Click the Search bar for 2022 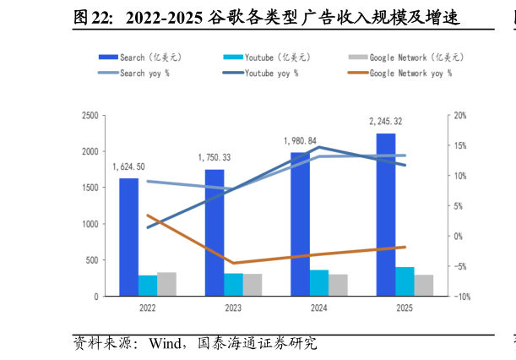[129, 237]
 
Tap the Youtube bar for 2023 [233, 285]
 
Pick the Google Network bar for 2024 [338, 285]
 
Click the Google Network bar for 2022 [166, 284]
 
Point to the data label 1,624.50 [128, 166]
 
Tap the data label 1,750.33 [215, 157]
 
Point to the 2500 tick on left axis [90, 116]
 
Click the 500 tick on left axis [92, 260]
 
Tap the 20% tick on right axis [461, 116]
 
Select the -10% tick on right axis [461, 297]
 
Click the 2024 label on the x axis [318, 308]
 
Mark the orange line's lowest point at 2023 [233, 263]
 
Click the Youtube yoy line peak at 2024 [318, 147]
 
